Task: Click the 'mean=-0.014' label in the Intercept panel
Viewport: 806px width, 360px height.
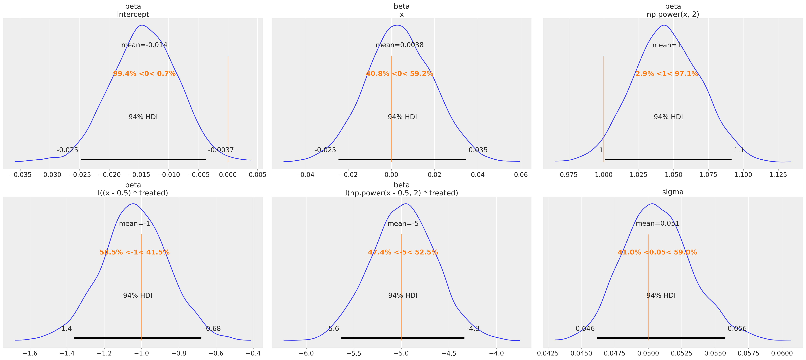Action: [144, 45]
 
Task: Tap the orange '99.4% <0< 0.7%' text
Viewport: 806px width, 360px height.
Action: [144, 74]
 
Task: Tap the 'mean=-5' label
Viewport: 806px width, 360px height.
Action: [403, 224]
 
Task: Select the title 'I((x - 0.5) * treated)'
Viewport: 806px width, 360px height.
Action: [133, 193]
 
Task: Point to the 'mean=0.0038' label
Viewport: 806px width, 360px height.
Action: [400, 45]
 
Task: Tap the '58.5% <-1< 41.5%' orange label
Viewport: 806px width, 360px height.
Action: [135, 252]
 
